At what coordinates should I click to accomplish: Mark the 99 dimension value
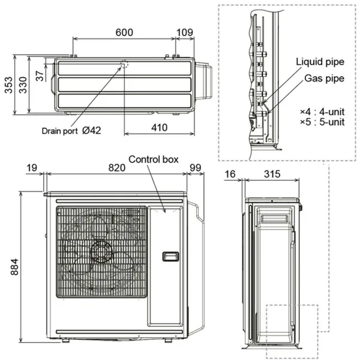[194, 168]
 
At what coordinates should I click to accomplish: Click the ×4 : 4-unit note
[322, 112]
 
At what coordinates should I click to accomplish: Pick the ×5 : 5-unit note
[322, 122]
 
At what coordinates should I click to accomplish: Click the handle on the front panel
[170, 256]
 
